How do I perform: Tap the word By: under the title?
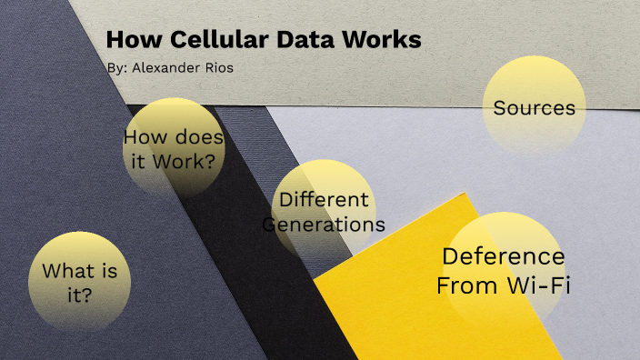coord(117,68)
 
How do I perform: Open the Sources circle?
coord(534,107)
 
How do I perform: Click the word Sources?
coord(534,108)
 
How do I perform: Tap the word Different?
coord(324,200)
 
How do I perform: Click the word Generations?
coord(324,224)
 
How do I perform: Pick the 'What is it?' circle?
coord(80,282)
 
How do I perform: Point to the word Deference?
coord(503,256)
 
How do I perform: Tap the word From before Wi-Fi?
coord(467,285)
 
